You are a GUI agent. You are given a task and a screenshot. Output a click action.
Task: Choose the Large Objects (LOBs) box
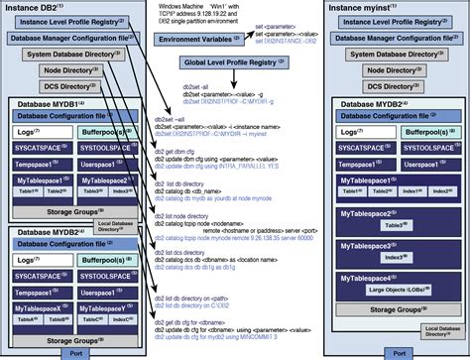(397, 292)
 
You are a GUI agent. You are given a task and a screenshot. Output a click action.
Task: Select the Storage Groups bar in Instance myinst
(397, 310)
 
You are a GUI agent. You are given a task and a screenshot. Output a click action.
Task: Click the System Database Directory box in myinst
(397, 55)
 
